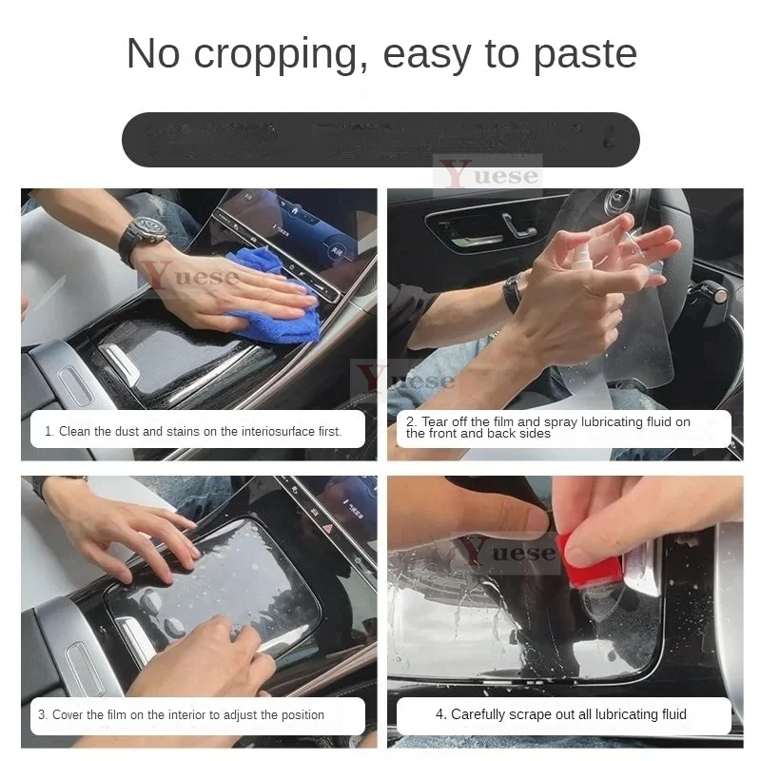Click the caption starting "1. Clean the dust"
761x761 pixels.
[193, 431]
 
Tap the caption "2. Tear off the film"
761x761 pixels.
[561, 428]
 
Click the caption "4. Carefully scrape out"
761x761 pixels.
[568, 714]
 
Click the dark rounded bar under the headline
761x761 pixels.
[380, 139]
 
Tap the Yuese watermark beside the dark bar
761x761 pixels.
[488, 175]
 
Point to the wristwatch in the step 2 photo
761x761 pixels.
[513, 292]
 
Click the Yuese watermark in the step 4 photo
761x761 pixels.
[505, 553]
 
